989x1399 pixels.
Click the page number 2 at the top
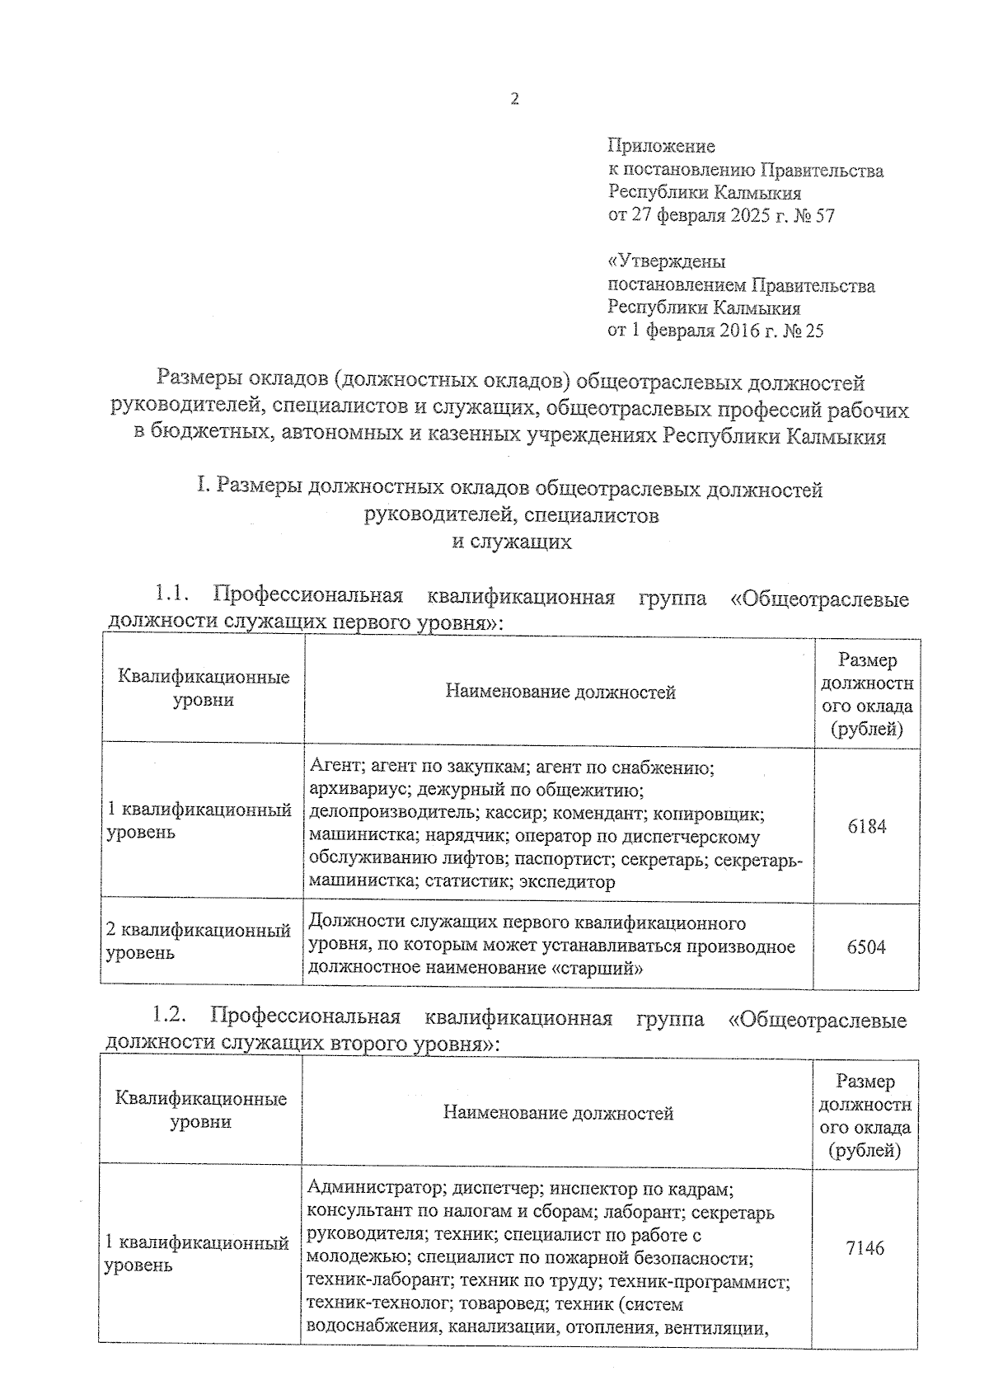515,99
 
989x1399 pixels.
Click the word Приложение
661,147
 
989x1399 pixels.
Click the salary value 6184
866,826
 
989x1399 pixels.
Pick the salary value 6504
866,946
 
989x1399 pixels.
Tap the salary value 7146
865,1248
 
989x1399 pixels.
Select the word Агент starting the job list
334,768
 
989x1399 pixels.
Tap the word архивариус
357,791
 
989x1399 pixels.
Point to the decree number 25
813,331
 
